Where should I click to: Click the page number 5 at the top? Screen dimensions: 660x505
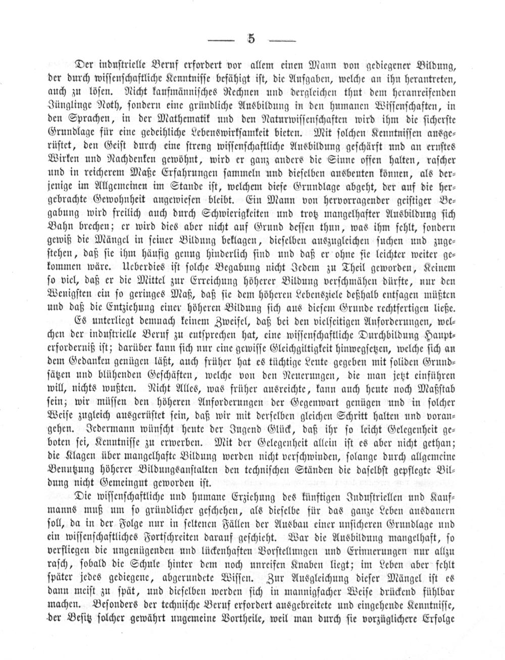click(x=250, y=39)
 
